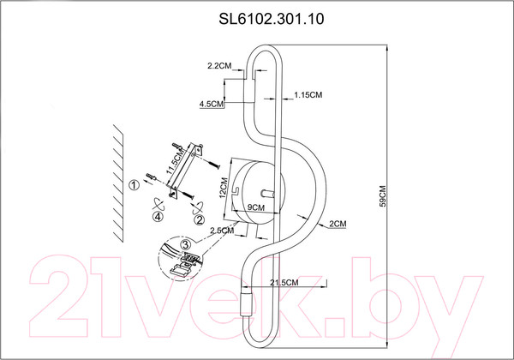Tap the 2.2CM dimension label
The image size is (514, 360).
pyautogui.click(x=219, y=66)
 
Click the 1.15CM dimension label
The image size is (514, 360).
pyautogui.click(x=307, y=93)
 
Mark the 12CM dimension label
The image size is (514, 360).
pyautogui.click(x=222, y=188)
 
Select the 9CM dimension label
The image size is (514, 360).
pyautogui.click(x=254, y=207)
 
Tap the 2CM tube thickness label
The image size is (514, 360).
pyautogui.click(x=335, y=224)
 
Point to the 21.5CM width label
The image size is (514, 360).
pyautogui.click(x=284, y=282)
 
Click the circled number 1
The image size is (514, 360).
pyautogui.click(x=134, y=184)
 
